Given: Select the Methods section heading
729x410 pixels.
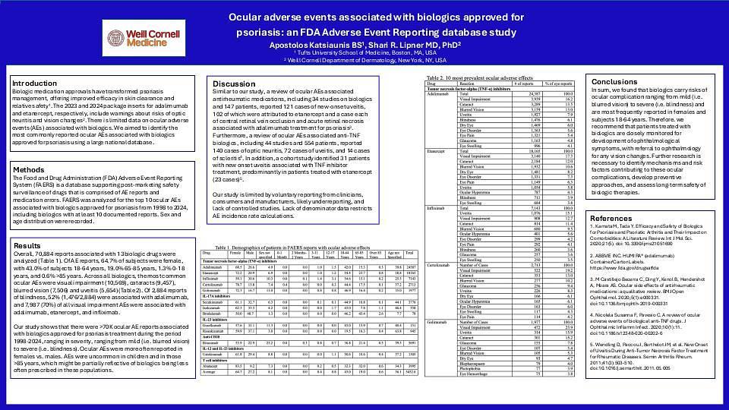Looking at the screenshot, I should point(29,170).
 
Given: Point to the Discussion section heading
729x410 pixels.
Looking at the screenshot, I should point(234,84).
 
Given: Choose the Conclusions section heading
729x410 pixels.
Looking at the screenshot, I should point(614,81).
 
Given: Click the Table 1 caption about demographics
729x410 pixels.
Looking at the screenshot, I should point(298,248).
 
